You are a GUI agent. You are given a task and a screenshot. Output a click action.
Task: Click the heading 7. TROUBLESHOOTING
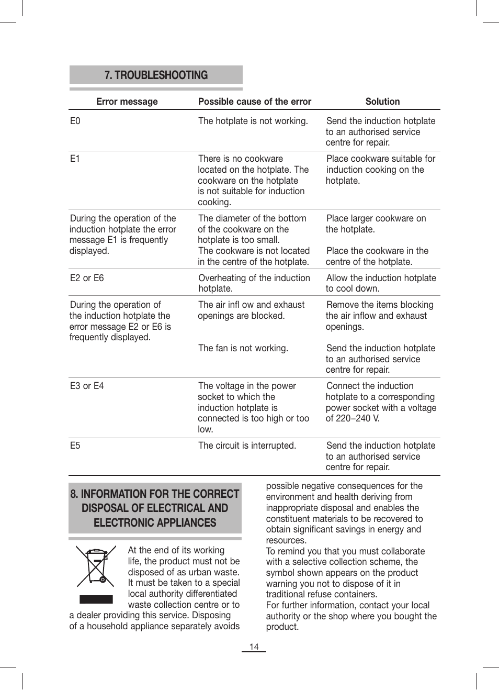point(156,75)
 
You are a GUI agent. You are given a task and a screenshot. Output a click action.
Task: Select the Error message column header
point(127,102)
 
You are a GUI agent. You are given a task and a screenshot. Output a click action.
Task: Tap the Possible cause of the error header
point(254,102)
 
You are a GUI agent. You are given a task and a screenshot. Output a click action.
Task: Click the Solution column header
point(382,102)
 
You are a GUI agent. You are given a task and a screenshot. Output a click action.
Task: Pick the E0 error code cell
point(75,121)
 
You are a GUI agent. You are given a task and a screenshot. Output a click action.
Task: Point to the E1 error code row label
point(75,159)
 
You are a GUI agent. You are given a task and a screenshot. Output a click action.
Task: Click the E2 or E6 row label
point(87,278)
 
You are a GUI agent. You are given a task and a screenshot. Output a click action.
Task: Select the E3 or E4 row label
point(87,386)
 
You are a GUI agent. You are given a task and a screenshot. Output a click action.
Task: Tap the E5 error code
point(75,446)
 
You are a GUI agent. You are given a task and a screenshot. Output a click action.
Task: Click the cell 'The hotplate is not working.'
point(253,121)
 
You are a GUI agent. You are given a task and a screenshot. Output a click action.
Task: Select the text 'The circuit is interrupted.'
point(247,446)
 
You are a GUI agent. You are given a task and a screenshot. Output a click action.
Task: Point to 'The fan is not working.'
point(243,348)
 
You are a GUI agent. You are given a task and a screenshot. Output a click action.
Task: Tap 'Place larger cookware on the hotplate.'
point(376,224)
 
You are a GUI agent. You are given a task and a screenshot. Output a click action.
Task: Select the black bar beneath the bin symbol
point(96,599)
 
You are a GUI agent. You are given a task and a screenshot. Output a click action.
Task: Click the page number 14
point(254,647)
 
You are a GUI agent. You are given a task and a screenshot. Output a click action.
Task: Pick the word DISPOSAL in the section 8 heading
point(109,508)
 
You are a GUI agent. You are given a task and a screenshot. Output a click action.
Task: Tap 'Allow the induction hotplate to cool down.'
point(380,283)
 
